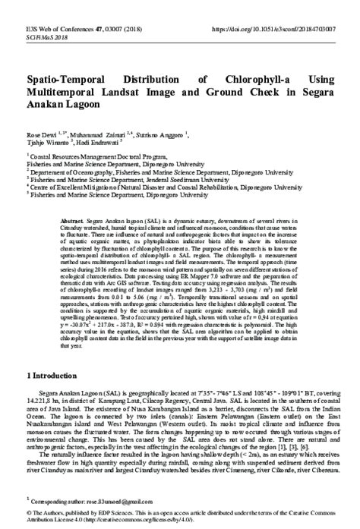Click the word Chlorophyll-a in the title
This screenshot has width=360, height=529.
click(x=261, y=80)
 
